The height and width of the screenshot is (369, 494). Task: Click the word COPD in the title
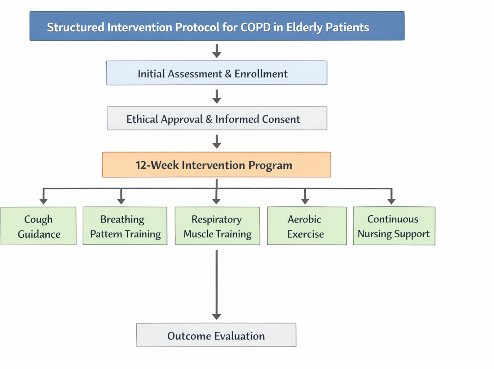click(255, 27)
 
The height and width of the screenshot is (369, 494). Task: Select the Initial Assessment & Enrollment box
click(217, 73)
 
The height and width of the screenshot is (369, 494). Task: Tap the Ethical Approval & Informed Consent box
click(217, 118)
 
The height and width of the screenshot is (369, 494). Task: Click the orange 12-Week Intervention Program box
click(216, 164)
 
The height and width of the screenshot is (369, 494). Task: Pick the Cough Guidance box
click(39, 226)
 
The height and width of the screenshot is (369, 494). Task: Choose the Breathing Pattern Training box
click(125, 226)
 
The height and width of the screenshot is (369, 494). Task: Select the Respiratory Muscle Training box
click(217, 226)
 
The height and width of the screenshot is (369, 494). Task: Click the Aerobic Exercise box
click(307, 226)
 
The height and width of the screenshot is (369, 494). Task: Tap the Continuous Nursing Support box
click(394, 226)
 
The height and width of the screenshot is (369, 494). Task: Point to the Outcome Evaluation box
click(216, 335)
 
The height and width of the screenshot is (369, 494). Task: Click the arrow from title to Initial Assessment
click(217, 51)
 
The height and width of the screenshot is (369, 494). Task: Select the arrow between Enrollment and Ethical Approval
click(217, 96)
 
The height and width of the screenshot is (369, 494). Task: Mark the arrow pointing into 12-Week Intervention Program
click(217, 142)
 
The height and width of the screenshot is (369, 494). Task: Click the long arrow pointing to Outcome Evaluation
click(216, 285)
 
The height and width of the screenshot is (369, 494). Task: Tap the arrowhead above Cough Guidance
click(43, 202)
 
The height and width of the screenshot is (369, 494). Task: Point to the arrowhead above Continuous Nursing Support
click(391, 202)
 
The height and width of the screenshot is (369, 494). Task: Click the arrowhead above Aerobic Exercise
click(305, 202)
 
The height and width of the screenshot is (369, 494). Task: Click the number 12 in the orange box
click(141, 165)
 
